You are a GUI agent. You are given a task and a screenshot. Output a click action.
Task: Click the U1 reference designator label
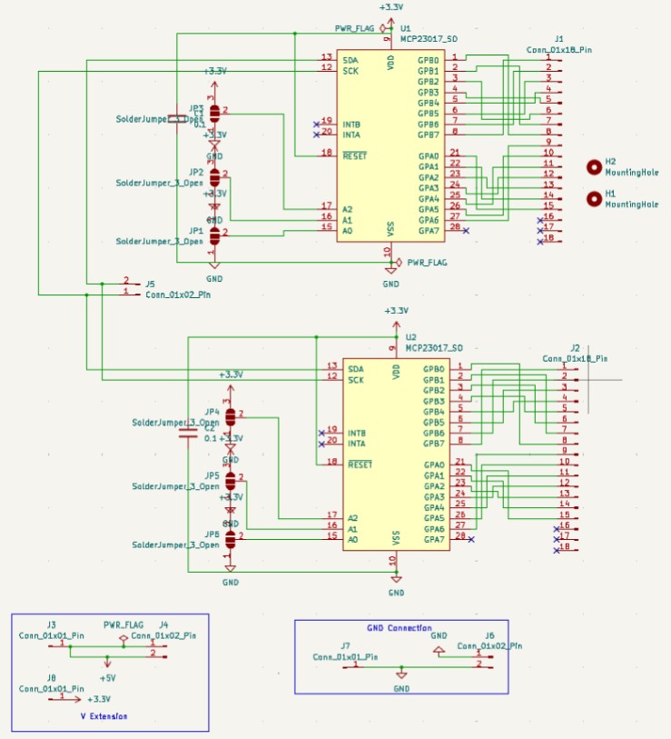(405, 29)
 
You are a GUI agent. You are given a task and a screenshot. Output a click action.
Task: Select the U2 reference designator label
(410, 336)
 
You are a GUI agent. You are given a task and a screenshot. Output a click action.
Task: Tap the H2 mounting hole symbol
(595, 166)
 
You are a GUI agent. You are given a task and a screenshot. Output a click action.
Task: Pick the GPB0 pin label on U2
(433, 369)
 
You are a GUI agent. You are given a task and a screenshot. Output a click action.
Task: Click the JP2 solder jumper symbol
(215, 176)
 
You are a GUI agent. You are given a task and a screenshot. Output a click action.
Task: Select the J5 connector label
(150, 284)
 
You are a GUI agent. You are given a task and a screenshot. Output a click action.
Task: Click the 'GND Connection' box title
(400, 628)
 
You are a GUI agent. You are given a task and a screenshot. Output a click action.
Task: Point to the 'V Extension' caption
(104, 716)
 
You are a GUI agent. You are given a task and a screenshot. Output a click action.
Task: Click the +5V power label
(106, 677)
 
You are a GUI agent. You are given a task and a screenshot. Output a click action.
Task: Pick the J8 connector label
(51, 678)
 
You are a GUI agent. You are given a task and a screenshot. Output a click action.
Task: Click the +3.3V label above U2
(396, 311)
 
